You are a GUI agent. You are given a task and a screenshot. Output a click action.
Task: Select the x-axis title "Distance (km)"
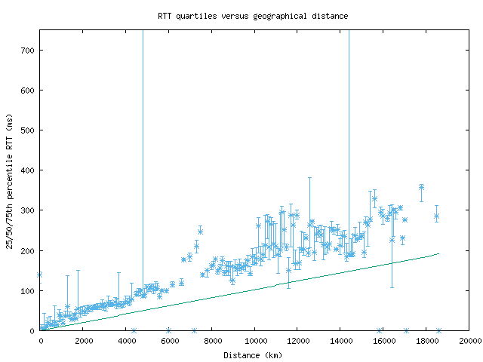(253, 354)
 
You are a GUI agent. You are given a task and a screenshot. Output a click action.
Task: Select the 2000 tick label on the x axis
(84, 341)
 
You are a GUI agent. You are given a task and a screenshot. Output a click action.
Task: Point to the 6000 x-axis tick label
(169, 341)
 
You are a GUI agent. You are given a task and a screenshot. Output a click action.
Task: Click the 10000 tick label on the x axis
(255, 341)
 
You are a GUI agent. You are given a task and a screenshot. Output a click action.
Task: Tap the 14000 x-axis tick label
(340, 341)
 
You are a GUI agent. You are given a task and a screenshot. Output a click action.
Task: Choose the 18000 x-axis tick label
(426, 341)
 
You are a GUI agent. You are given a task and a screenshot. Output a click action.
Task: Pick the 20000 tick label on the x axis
(469, 341)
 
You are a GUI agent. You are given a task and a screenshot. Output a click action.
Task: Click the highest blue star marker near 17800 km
(421, 187)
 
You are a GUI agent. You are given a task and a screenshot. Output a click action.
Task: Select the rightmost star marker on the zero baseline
(438, 330)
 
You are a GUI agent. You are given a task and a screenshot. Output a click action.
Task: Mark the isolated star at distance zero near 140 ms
(40, 275)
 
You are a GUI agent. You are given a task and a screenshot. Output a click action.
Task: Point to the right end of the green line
(438, 253)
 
